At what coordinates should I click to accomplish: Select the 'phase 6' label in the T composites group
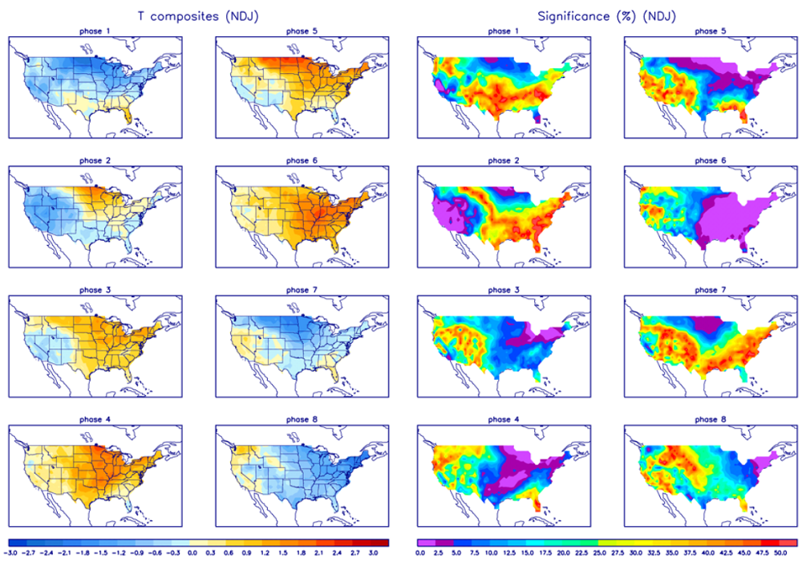coord(302,161)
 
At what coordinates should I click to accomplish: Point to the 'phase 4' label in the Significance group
coord(504,419)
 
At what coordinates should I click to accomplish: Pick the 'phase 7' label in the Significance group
coord(707,290)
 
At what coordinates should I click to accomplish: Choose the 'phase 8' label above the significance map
coord(707,419)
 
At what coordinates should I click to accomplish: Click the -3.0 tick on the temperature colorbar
coord(11,553)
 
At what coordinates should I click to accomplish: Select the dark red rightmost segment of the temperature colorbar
coord(383,543)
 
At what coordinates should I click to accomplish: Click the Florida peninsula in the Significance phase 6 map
coord(748,242)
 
